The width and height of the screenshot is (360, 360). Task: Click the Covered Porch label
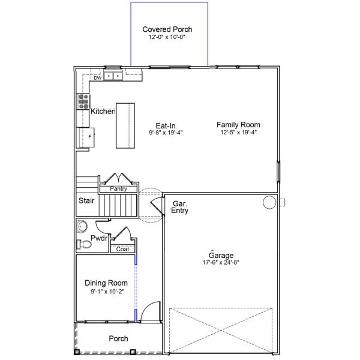coord(167,29)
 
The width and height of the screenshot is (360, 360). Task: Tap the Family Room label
coord(239,125)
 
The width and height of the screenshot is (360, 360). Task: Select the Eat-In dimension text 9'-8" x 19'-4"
coord(166,133)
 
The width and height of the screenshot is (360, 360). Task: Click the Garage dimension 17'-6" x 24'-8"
coord(221,262)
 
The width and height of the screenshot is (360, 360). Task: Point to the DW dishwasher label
coord(97,78)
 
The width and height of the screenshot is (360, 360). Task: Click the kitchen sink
coord(113,76)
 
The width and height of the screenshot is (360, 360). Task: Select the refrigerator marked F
coord(85,137)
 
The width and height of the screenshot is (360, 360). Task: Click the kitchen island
coord(125,125)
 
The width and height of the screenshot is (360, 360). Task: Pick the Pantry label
coord(119,189)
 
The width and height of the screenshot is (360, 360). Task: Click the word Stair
coord(86,201)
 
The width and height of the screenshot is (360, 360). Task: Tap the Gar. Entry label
coord(180,207)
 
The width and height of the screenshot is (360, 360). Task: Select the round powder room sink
coord(83,227)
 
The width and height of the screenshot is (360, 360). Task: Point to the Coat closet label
coord(122,249)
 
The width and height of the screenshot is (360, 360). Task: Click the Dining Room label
coord(106,283)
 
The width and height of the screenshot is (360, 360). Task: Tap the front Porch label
coord(118,338)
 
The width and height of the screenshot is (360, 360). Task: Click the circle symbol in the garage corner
coord(268,203)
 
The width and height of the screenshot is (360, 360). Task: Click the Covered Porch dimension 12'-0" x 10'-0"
coord(167,37)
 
